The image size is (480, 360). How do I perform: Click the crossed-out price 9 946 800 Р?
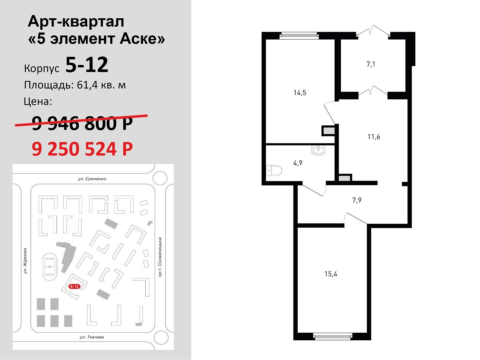(82, 123)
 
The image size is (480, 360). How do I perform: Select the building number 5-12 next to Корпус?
(87, 65)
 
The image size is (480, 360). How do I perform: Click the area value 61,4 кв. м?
(101, 85)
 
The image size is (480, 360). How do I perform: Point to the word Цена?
(38, 102)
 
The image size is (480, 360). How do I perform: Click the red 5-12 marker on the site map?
(74, 286)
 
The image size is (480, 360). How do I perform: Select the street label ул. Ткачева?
(92, 337)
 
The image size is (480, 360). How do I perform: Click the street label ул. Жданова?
(25, 261)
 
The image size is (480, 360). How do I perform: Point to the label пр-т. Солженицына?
(160, 257)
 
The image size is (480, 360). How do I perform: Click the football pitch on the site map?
(50, 267)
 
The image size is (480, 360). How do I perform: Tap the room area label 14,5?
(300, 93)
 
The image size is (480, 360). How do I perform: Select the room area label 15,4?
(331, 274)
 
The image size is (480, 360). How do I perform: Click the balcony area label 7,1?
(371, 64)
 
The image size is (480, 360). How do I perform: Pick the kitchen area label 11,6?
(374, 137)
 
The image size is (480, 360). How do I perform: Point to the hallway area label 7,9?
(357, 200)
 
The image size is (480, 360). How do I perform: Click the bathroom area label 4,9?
(298, 163)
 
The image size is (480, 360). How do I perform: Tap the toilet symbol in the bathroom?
(274, 170)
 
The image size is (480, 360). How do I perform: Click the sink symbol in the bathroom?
(318, 150)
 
